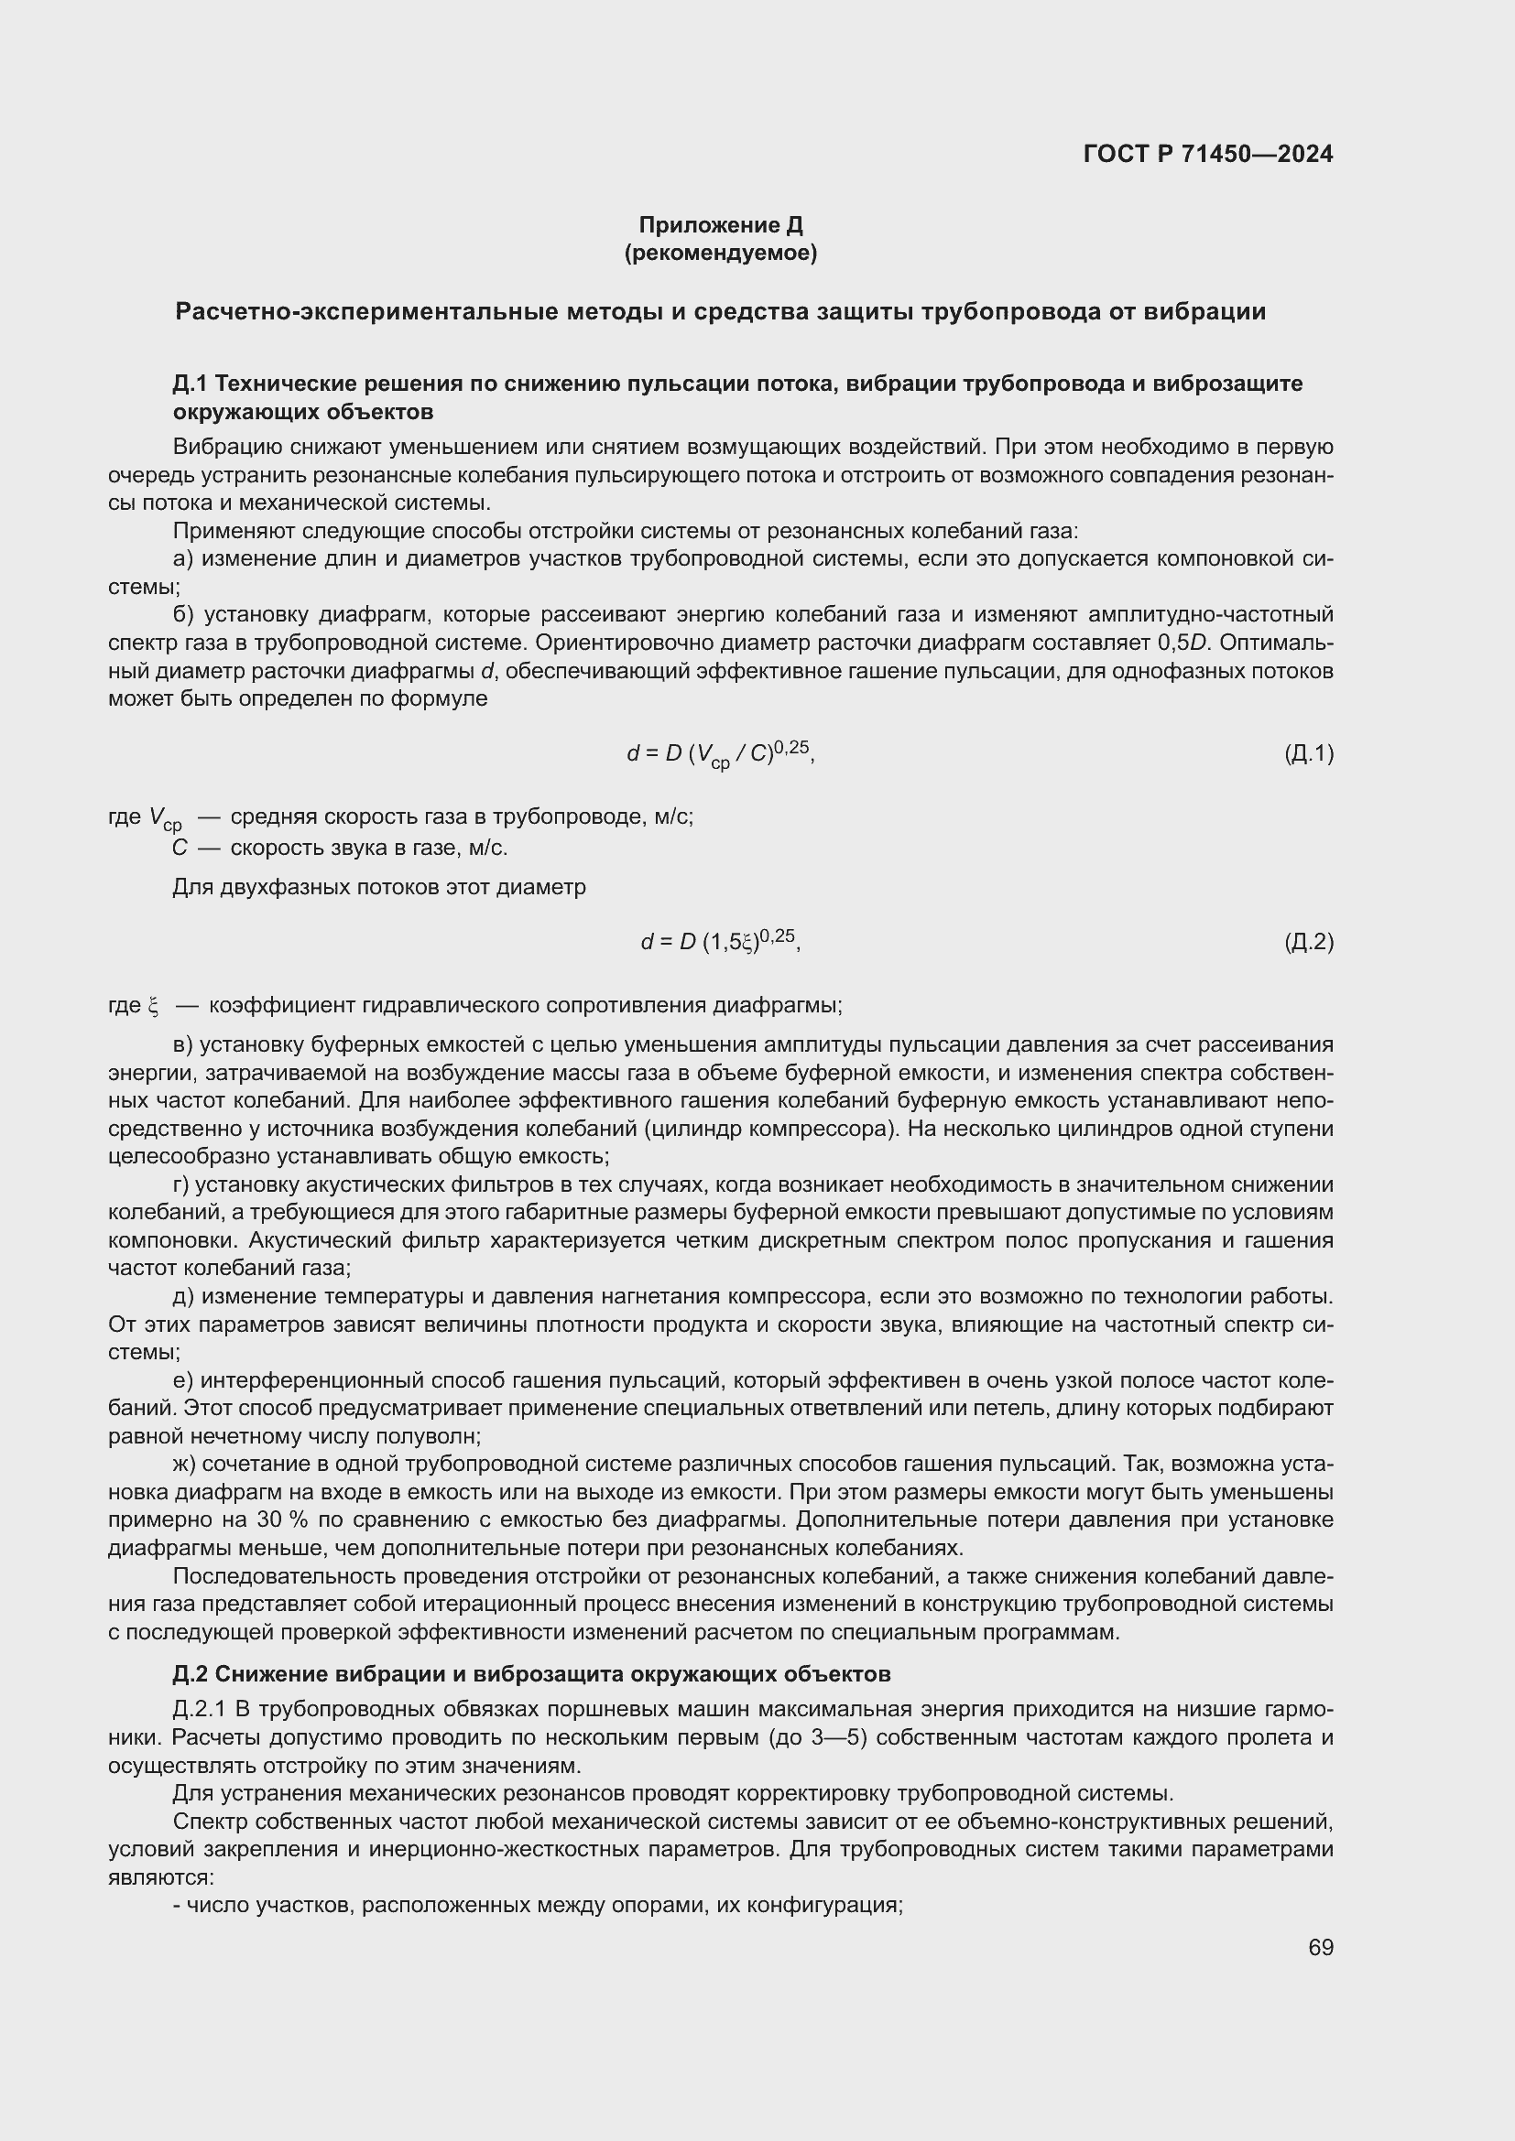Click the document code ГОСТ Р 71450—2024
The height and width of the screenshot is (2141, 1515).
coord(1208,154)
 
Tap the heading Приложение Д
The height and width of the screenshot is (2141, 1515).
coord(720,225)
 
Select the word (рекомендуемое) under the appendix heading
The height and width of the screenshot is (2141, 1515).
coord(720,253)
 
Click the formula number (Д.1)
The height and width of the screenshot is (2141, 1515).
coord(1309,753)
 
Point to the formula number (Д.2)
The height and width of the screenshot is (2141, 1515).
coord(1309,942)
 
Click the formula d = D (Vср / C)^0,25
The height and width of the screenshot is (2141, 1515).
coord(720,753)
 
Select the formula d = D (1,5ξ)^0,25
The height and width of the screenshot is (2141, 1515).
coord(720,942)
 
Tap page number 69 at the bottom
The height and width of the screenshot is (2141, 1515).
coord(1321,1947)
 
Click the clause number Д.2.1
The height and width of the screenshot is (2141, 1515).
coord(200,1709)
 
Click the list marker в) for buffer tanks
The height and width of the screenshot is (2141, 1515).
coord(183,1044)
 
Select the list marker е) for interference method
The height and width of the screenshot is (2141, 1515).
coord(183,1379)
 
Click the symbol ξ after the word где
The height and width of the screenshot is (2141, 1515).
coord(153,1006)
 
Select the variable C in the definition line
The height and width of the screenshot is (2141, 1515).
coord(180,848)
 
